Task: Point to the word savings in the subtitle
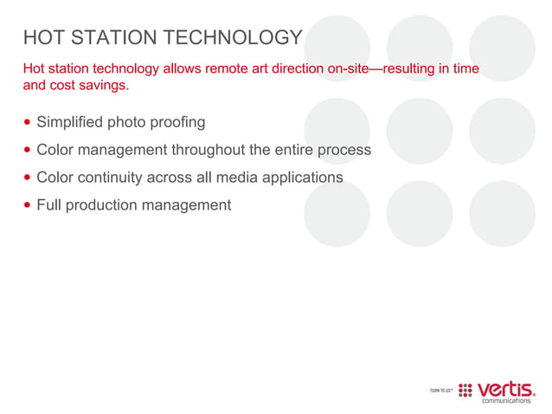click(106, 86)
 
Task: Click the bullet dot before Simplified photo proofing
click(28, 122)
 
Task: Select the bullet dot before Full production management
click(28, 206)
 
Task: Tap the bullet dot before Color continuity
click(28, 178)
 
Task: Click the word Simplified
click(69, 122)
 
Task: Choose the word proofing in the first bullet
click(177, 122)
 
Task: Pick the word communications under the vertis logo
click(506, 400)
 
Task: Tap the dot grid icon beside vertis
click(465, 390)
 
